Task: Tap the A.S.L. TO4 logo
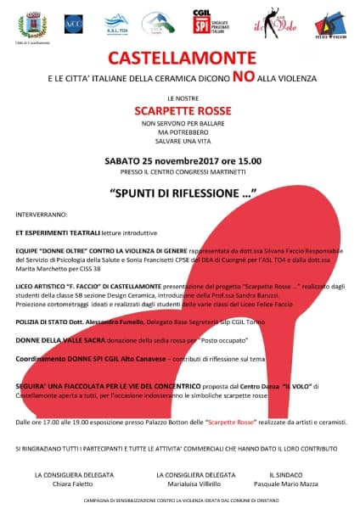(115, 25)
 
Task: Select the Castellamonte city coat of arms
(27, 25)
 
